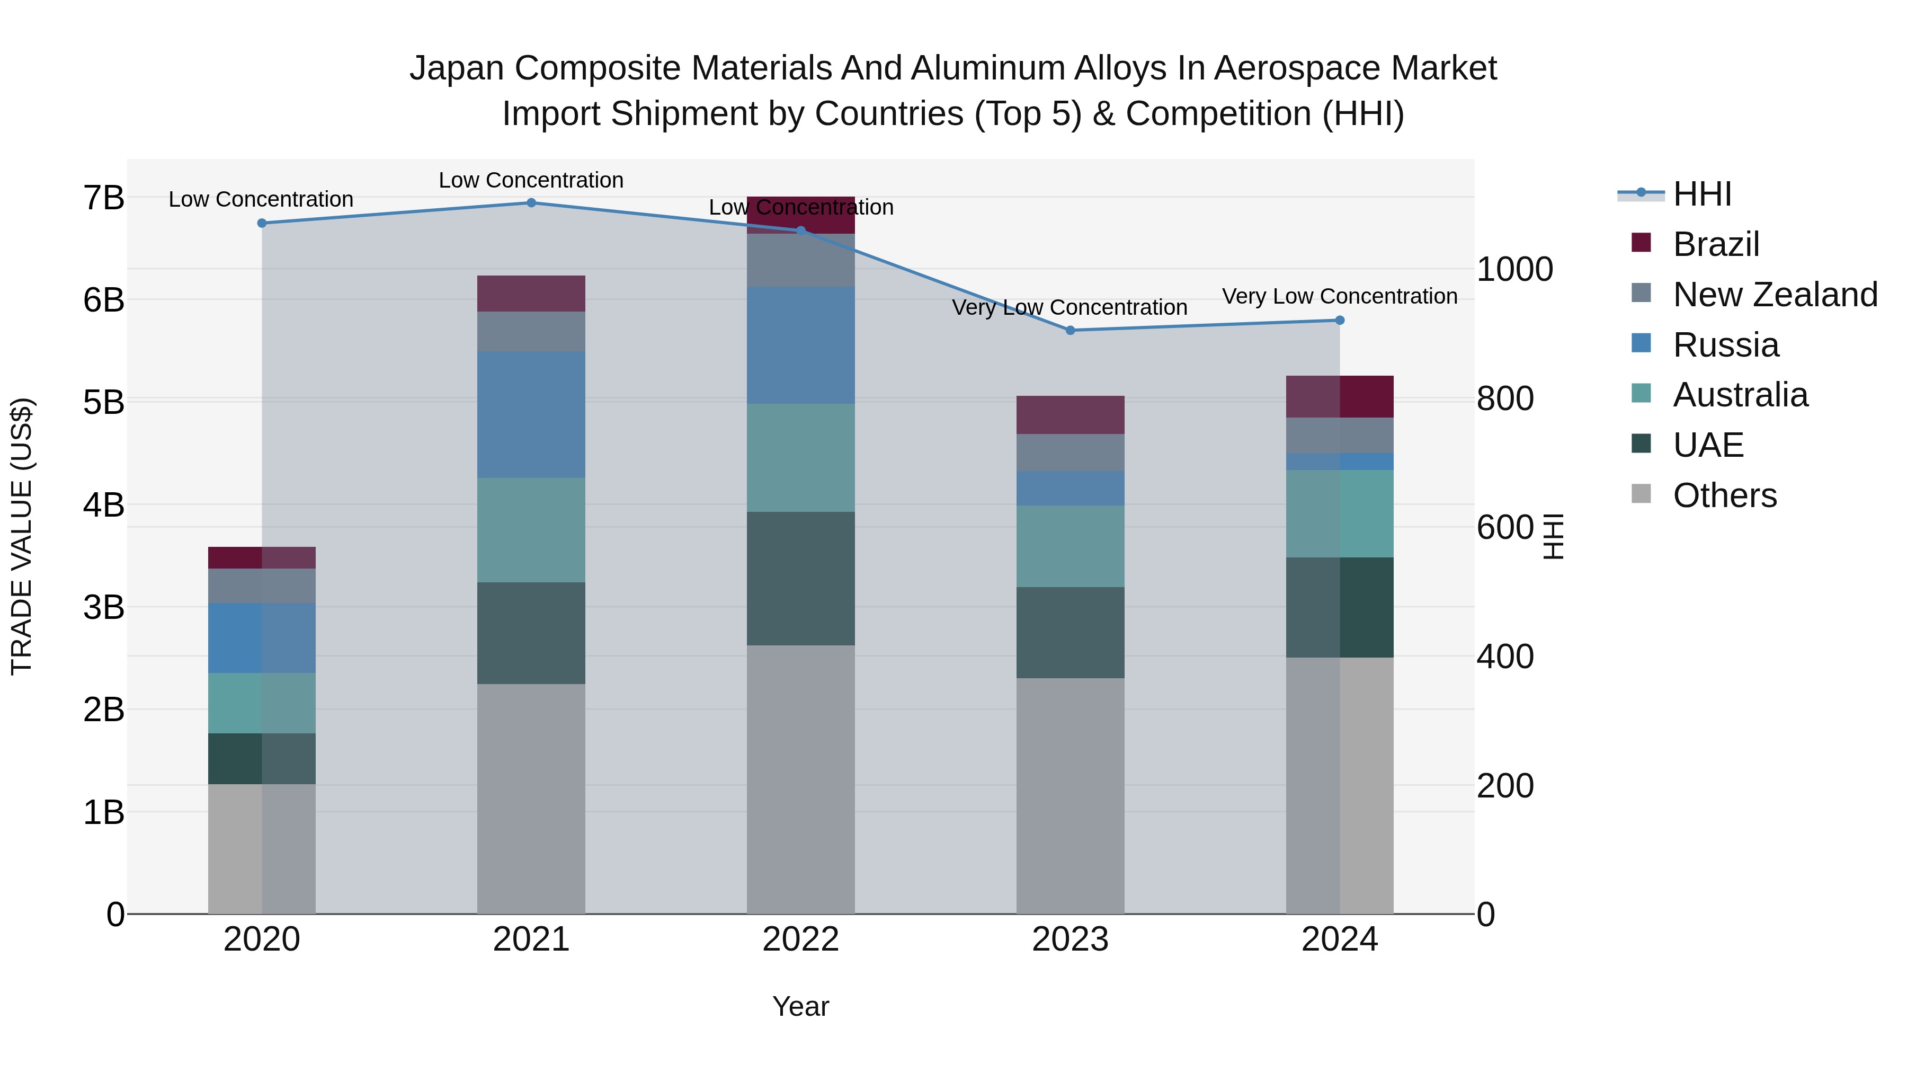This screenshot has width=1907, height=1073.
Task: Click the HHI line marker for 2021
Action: click(x=531, y=203)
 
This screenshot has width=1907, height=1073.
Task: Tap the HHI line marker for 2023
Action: click(x=1070, y=330)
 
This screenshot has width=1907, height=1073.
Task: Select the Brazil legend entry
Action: click(x=1715, y=244)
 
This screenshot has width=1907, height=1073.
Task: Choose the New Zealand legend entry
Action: click(x=1775, y=295)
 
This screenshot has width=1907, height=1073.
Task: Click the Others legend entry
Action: click(x=1724, y=495)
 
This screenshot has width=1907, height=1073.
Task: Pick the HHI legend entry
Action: click(x=1701, y=194)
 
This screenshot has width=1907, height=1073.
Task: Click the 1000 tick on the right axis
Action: click(x=1514, y=270)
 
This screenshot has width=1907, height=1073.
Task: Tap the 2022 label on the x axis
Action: click(x=800, y=939)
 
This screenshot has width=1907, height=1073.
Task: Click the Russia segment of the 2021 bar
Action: click(x=531, y=415)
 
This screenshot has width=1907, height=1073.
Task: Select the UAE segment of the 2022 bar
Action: click(x=800, y=578)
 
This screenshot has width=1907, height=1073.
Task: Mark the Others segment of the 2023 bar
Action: click(x=1070, y=796)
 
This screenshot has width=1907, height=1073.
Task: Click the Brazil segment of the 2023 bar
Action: click(x=1070, y=415)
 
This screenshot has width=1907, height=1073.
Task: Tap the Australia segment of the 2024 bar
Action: click(x=1339, y=513)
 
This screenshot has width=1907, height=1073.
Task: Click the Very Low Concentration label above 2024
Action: click(x=1339, y=296)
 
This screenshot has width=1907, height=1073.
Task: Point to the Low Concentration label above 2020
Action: click(x=261, y=199)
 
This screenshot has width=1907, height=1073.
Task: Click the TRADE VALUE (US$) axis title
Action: click(x=22, y=536)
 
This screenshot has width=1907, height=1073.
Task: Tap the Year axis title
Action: click(x=800, y=1006)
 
